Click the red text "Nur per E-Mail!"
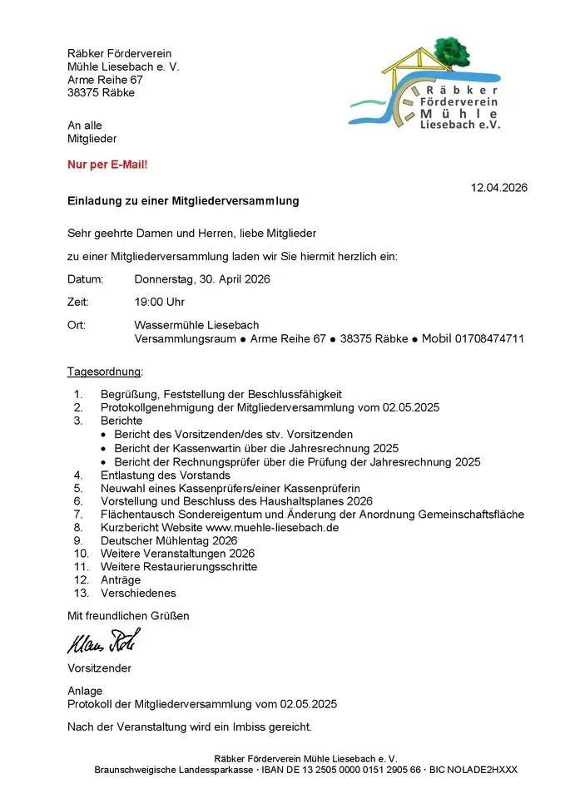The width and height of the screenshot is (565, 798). (107, 165)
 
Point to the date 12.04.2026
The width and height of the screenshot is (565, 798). (498, 188)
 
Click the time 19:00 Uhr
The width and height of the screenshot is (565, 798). (159, 302)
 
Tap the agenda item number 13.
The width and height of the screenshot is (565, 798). (81, 594)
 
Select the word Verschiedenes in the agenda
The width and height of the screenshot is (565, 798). (138, 594)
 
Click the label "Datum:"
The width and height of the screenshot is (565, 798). (85, 279)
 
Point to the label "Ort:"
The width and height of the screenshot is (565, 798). (77, 325)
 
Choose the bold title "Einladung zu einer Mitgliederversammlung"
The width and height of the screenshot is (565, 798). (183, 201)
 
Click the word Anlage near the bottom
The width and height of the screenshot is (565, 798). (85, 691)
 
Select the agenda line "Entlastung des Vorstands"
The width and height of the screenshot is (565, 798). (165, 475)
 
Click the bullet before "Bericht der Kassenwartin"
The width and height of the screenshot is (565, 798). (103, 448)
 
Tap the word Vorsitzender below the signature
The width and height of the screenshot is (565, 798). (99, 667)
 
